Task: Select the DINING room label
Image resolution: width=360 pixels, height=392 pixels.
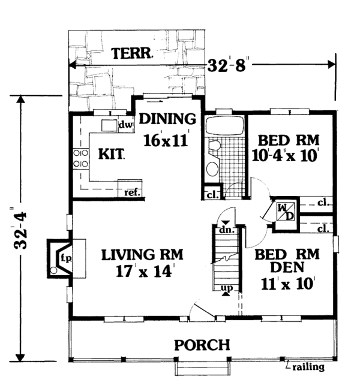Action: click(167, 119)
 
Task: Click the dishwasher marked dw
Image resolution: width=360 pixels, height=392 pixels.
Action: click(125, 125)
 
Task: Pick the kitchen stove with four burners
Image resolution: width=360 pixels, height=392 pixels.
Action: click(80, 158)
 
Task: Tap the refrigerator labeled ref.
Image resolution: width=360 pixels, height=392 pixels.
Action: click(130, 188)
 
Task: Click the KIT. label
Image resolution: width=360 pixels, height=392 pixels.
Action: click(111, 154)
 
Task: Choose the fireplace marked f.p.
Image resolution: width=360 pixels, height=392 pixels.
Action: click(60, 258)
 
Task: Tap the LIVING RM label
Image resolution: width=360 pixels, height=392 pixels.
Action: click(142, 255)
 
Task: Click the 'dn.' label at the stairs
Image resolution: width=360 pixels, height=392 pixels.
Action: click(226, 230)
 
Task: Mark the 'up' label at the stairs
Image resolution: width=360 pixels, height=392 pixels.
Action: click(227, 288)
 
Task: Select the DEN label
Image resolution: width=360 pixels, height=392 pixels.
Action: click(287, 267)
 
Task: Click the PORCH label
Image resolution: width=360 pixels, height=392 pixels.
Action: click(202, 345)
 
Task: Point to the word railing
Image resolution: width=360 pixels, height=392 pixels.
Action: click(308, 367)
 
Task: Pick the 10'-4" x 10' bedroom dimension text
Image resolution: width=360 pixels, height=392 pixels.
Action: click(284, 156)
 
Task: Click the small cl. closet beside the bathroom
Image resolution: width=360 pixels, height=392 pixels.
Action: click(212, 195)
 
